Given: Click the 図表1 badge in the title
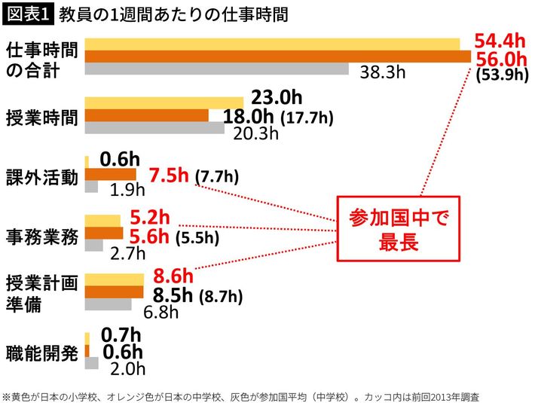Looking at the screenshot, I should point(26,14).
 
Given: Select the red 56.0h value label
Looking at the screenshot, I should point(501,59).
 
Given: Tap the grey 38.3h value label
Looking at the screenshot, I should point(383,72).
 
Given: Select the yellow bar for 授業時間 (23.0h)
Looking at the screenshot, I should point(164,102).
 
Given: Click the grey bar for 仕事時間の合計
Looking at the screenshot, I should point(216,70).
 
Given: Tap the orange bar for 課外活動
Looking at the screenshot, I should point(110,175).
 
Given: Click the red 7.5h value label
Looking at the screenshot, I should point(169,176).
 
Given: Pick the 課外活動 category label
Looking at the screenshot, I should point(41,176).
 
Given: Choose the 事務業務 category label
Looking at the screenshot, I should point(41,235).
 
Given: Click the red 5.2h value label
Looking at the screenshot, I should point(150,218).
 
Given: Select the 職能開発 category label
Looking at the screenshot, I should point(41,353).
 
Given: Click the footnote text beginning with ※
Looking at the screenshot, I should point(241,395).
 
